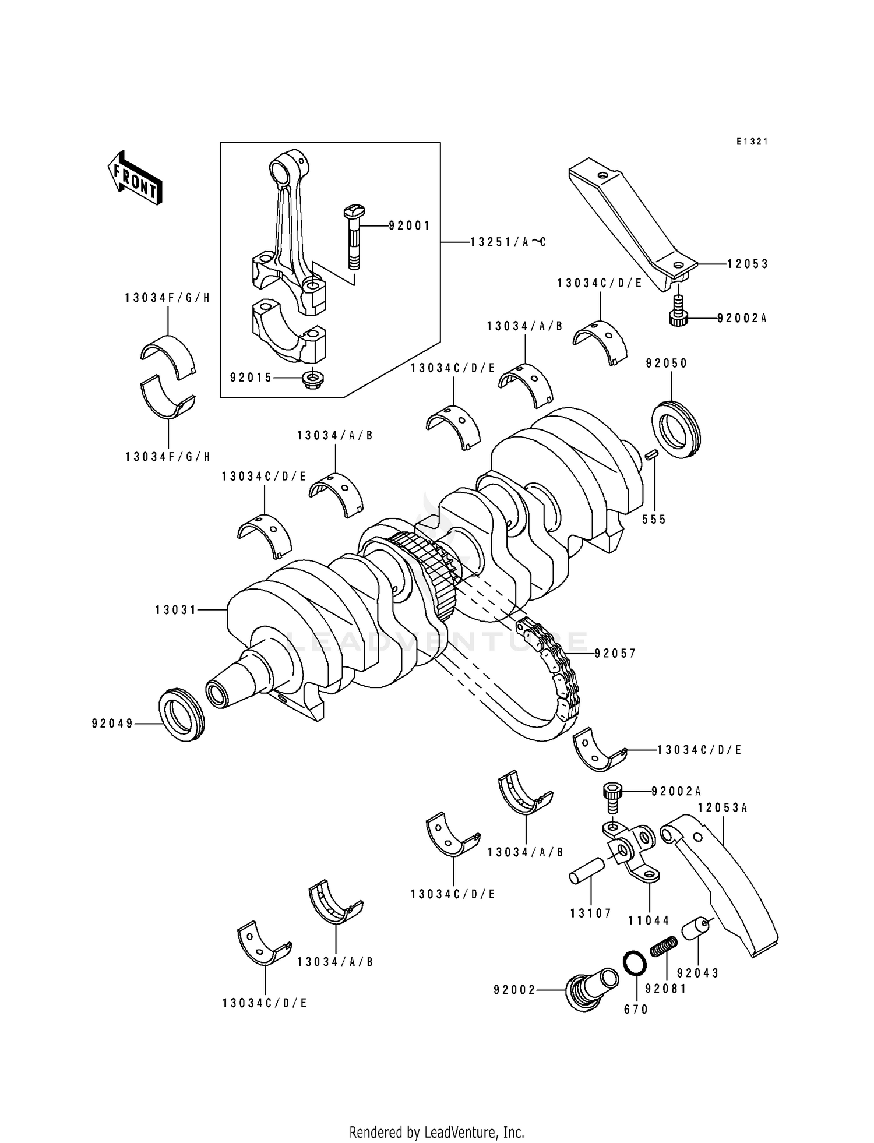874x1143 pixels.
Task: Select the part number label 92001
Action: [x=410, y=225]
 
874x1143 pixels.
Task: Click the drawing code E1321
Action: [x=752, y=142]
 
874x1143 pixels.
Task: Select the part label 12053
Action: [x=748, y=264]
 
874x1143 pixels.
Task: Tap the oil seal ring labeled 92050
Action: [x=677, y=429]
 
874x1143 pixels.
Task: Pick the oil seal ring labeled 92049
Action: [x=182, y=715]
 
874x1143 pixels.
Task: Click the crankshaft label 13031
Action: [x=176, y=610]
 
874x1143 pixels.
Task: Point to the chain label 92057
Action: [x=616, y=654]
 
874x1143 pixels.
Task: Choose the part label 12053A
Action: [x=723, y=808]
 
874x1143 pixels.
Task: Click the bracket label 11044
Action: [x=649, y=921]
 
